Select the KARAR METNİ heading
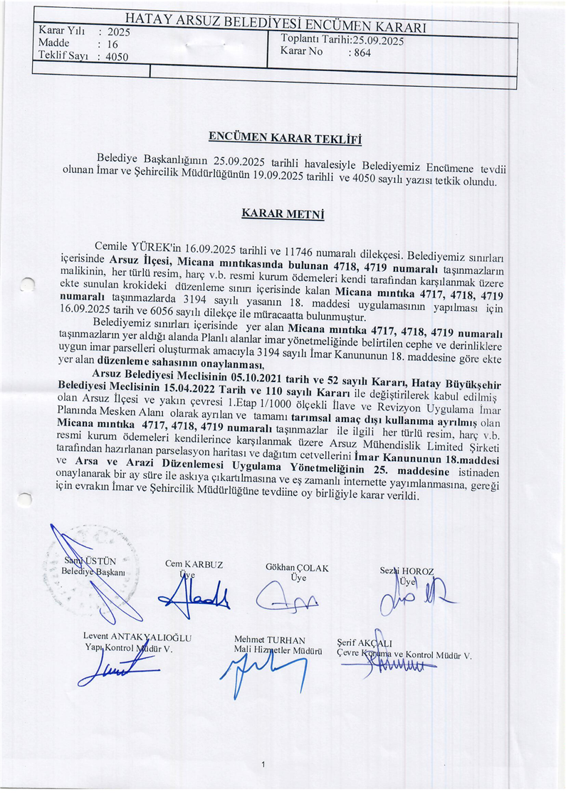pos(283,212)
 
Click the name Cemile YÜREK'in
pos(137,247)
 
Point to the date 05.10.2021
pos(270,373)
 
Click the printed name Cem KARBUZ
pos(194,564)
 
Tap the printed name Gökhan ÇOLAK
pos(297,568)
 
